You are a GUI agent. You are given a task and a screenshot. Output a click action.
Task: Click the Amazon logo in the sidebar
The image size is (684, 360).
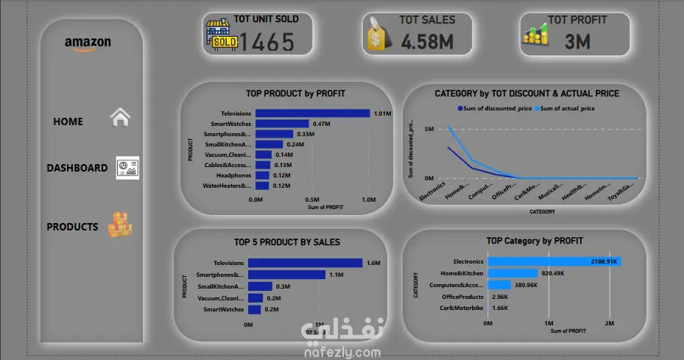click(88, 43)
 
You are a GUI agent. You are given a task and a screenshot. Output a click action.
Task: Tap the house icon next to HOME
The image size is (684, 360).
click(120, 118)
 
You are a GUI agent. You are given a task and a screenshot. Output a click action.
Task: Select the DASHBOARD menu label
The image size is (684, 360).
click(77, 168)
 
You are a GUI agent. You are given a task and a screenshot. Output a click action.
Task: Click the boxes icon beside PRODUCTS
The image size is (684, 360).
click(120, 225)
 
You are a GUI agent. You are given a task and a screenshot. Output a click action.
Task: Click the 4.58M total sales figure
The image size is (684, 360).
click(426, 42)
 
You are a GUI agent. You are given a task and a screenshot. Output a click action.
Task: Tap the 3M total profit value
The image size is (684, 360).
click(578, 42)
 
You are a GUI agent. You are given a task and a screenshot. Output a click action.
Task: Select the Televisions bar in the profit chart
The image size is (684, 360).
click(312, 113)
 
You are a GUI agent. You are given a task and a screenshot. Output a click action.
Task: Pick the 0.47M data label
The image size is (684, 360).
click(321, 124)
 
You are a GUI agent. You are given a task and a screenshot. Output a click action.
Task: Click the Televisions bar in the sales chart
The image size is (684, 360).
click(305, 263)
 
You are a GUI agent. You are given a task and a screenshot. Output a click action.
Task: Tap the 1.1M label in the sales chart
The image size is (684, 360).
click(336, 275)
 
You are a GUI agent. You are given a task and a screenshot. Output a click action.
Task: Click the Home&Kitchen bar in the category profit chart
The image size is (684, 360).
click(512, 273)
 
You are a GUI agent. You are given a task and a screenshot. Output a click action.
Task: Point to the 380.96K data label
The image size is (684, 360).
click(527, 285)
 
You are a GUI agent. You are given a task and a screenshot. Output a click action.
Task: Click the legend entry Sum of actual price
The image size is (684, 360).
click(568, 108)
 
